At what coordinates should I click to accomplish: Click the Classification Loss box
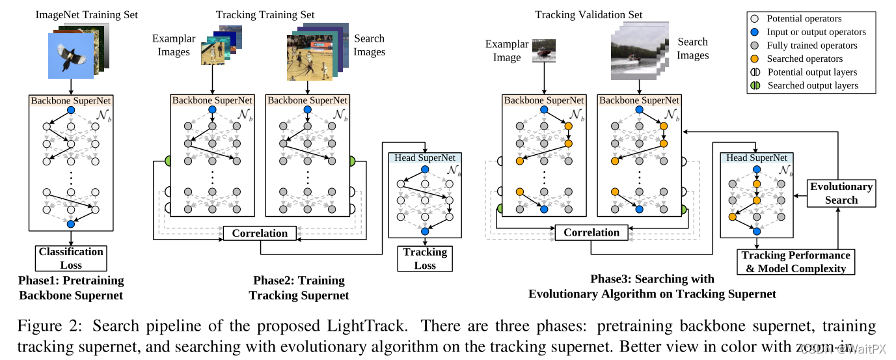pos(71,258)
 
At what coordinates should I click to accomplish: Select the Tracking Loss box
pos(425,258)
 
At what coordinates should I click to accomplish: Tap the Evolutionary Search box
pos(841,193)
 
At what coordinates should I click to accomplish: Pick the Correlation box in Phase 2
pos(260,232)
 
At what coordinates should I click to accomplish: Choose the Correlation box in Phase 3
pos(591,232)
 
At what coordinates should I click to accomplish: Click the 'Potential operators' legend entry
pos(804,18)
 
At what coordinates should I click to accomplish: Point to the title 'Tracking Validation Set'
pos(588,14)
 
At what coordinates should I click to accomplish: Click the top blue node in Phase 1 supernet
pos(71,111)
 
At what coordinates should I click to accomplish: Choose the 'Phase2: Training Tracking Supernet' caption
pos(299,288)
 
